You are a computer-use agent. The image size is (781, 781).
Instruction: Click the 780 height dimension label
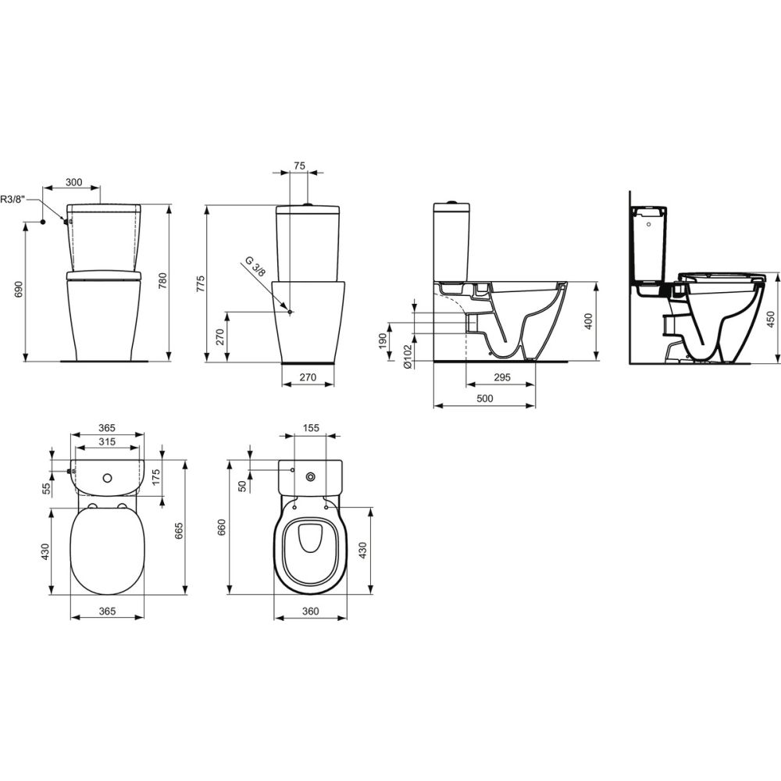[x=162, y=282]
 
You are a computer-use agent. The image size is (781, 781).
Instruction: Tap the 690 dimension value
[x=19, y=290]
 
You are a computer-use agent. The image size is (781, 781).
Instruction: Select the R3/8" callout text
[x=12, y=199]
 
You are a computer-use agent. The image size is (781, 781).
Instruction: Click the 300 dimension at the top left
[x=73, y=182]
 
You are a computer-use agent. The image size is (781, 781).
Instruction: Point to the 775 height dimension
[x=200, y=284]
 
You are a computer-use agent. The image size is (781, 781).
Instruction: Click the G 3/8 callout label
[x=256, y=266]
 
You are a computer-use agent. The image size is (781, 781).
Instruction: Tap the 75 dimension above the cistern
[x=299, y=166]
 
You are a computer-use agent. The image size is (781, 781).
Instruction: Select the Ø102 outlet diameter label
[x=408, y=357]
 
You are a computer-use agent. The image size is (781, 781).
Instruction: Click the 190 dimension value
[x=383, y=341]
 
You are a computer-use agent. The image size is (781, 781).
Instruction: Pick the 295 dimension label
[x=501, y=377]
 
